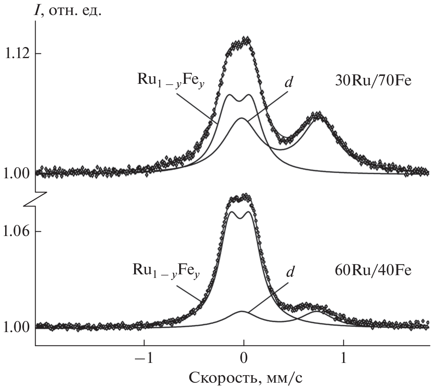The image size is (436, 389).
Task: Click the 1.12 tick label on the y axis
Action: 16,53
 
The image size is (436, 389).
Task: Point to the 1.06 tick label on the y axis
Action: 16,231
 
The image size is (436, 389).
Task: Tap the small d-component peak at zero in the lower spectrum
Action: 242,312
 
